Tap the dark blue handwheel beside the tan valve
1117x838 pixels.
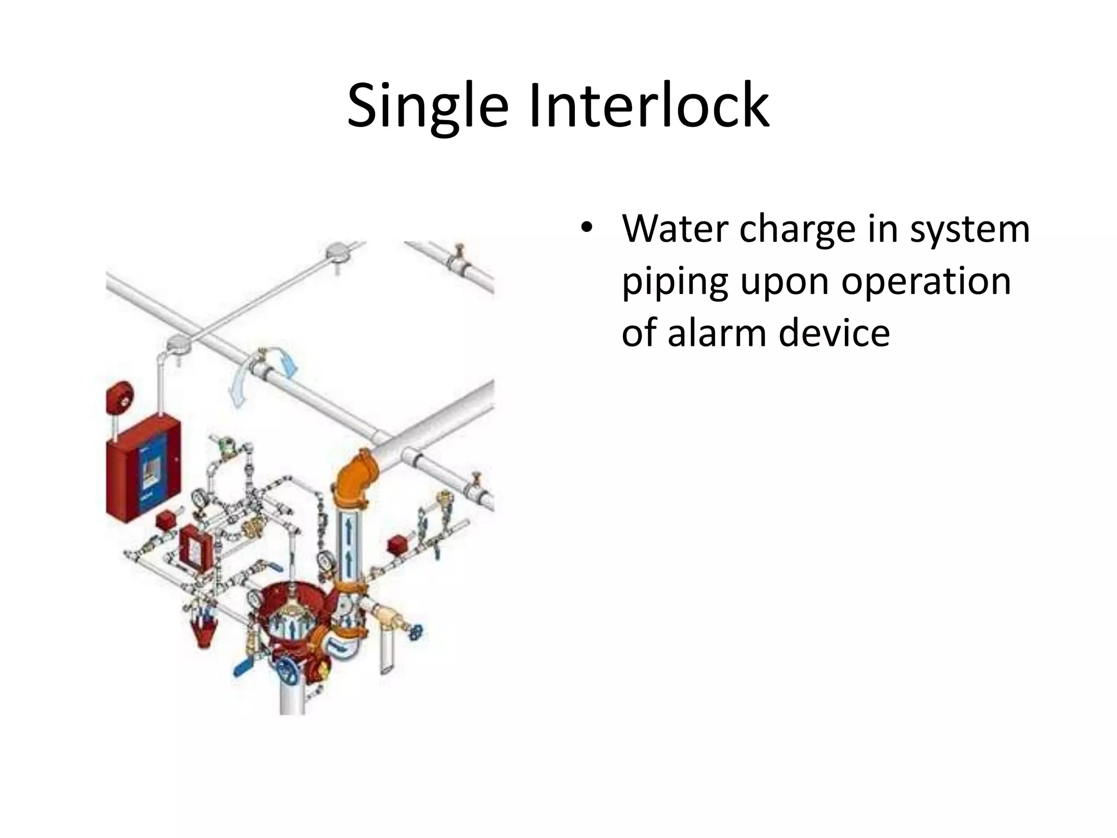tap(417, 633)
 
